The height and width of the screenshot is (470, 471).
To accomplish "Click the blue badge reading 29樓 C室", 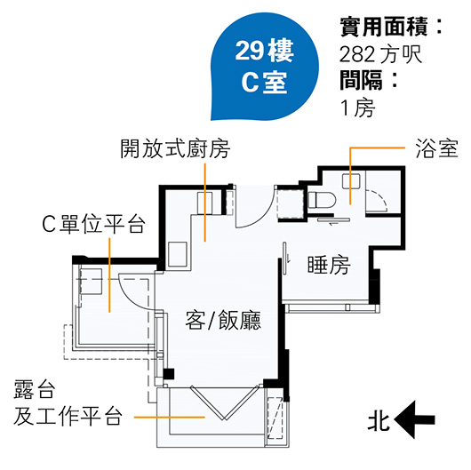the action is pos(264,68).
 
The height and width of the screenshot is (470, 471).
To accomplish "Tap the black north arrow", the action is pos(414,419).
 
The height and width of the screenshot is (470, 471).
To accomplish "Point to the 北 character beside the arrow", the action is pos(379,419).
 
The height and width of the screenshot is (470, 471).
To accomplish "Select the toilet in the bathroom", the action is pos(322,200).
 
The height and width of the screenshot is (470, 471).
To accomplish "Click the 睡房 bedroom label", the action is pos(329,265).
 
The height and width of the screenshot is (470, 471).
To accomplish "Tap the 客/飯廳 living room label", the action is pos(223,320).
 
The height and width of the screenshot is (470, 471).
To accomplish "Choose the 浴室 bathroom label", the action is pos(436,148).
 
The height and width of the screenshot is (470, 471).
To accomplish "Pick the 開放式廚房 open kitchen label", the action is pos(175,148).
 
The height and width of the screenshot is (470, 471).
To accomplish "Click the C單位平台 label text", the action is pos(93,224).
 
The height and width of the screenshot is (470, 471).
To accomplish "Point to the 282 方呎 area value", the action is pos(381,54).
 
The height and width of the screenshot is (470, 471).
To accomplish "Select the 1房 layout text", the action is pos(357,108).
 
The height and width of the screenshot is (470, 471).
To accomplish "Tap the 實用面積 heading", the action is pos(384,27).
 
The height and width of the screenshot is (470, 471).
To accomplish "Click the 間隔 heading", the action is pos(361,80).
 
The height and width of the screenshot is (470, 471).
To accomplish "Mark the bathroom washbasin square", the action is pos(351,181).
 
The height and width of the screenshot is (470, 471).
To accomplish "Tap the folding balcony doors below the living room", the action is pos(223,402).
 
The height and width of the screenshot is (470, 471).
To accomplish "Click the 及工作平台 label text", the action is pos(68,416).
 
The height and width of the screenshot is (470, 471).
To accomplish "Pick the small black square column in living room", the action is pos(169,374).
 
